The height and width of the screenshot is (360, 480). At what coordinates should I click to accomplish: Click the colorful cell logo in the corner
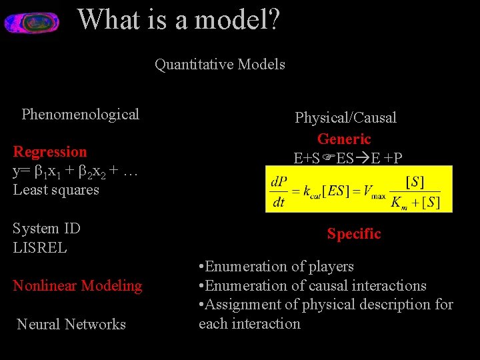pos(31,22)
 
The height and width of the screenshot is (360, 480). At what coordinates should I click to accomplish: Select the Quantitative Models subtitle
pos(220,65)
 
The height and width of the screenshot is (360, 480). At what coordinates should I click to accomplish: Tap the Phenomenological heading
pos(80,114)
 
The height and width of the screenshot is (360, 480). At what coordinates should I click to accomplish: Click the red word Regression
pos(50,151)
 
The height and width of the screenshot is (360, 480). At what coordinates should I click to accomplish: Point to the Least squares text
pos(56,189)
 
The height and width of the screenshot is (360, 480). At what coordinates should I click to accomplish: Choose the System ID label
pos(47,228)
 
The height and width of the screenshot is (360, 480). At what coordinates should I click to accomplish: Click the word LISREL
pos(40,247)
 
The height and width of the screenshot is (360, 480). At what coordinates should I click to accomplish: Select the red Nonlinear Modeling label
pos(77,285)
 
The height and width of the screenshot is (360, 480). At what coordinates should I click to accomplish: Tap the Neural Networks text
pos(71,324)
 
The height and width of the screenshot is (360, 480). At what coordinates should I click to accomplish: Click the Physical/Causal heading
pos(345,117)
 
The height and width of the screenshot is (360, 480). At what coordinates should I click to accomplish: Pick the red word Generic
pos(344,139)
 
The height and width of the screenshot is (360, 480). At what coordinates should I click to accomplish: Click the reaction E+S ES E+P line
pos(348,158)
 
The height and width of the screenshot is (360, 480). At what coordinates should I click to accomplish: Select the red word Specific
pos(354,233)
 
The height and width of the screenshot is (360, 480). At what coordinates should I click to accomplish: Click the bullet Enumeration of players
pos(276,266)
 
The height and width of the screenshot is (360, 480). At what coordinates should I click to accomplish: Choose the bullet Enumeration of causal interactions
pos(312,285)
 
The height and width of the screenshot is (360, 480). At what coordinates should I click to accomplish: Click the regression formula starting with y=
pos(75,171)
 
